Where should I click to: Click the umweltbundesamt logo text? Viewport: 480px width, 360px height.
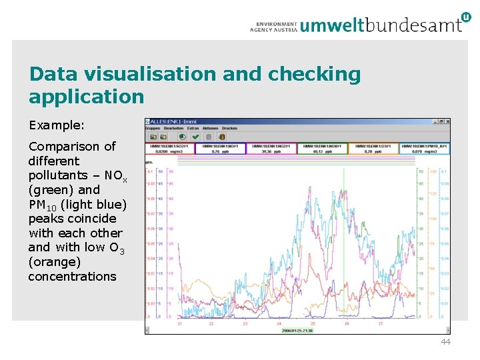[381, 25]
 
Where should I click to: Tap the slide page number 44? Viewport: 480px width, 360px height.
[445, 342]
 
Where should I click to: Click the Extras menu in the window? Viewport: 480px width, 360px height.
[193, 127]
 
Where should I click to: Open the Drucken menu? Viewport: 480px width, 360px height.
[229, 127]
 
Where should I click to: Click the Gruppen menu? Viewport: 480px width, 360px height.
[153, 127]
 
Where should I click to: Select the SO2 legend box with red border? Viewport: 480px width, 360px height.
[170, 148]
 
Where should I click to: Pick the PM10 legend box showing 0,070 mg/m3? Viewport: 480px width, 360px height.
[425, 148]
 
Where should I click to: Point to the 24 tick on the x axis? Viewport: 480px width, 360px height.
[278, 323]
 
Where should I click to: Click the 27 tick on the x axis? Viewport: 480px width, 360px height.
[381, 323]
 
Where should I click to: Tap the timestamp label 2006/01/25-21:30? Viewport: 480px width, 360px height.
[298, 330]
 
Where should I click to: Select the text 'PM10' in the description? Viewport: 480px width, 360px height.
[41, 204]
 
